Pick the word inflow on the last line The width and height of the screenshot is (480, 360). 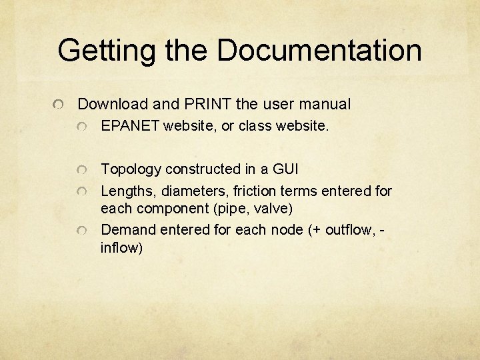tap(120, 248)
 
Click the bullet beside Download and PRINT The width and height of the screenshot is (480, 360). tap(59, 105)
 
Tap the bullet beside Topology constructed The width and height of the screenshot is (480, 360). tap(82, 170)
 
